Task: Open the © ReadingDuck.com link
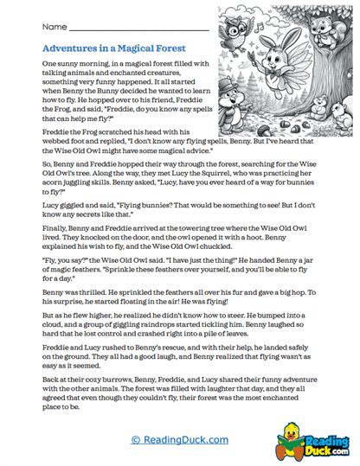(180, 440)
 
